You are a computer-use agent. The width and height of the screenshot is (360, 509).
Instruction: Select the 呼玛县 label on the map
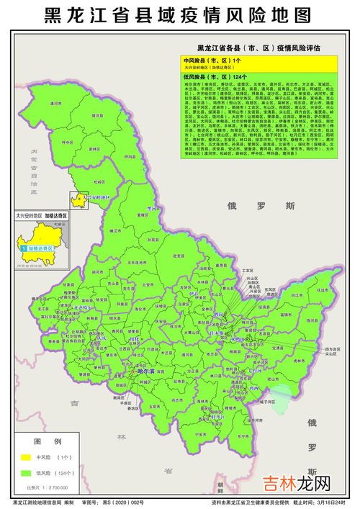130,155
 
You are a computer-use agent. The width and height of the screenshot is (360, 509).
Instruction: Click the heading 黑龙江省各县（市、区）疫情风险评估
262,50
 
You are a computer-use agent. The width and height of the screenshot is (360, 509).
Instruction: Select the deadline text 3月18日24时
328,502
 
